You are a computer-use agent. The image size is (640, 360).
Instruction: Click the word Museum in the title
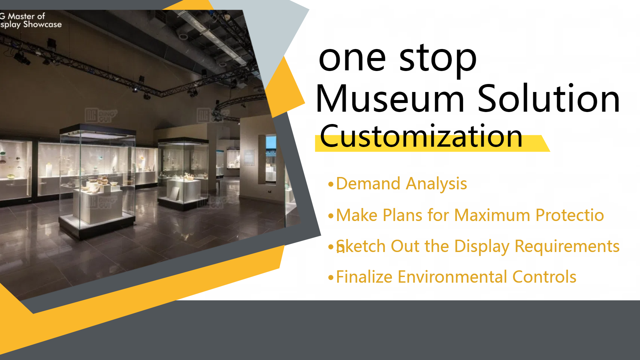click(x=390, y=99)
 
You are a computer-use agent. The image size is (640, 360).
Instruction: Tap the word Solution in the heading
click(x=549, y=99)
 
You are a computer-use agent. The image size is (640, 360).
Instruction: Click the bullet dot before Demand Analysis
click(x=331, y=184)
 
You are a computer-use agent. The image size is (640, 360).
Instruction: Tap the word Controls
click(x=544, y=277)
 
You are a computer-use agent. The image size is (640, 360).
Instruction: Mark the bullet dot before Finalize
click(x=331, y=277)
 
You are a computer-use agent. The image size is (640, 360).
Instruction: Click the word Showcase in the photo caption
click(x=42, y=24)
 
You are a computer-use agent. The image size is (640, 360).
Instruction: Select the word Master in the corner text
click(x=21, y=16)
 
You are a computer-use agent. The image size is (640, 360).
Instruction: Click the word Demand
click(x=368, y=184)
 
